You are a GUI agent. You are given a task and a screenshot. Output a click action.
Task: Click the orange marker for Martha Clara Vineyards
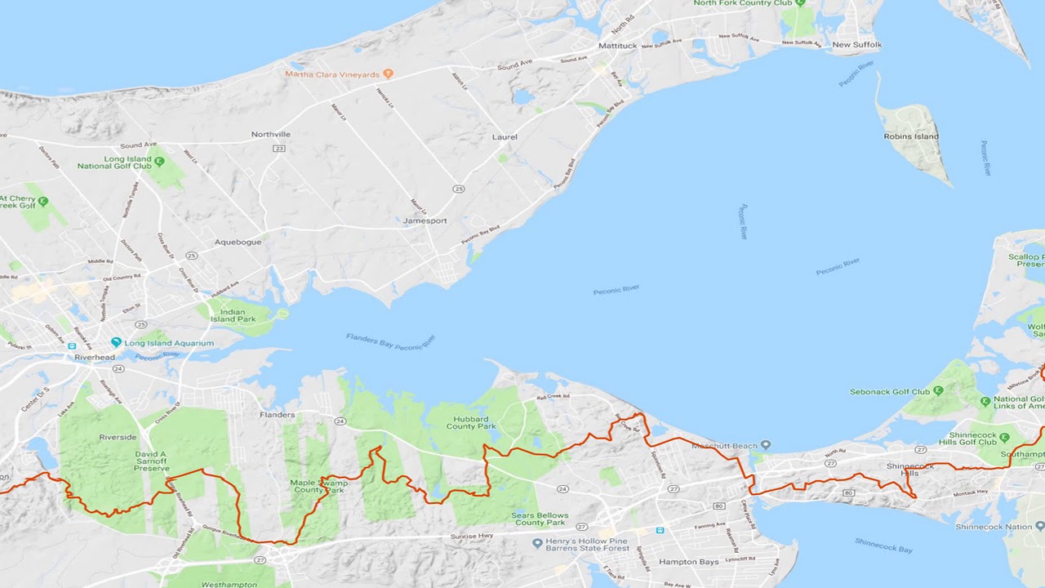click(388, 73)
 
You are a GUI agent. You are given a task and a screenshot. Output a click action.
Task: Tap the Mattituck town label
click(617, 46)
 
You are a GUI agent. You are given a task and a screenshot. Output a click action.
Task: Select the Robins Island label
click(911, 136)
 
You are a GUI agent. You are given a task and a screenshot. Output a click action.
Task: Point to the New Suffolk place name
click(856, 45)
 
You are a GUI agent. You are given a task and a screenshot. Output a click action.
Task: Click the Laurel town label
click(505, 136)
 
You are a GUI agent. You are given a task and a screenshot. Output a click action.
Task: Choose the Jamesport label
click(425, 220)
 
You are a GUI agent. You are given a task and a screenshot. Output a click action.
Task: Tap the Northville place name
click(270, 134)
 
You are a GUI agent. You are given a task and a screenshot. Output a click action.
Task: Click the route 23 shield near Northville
click(279, 149)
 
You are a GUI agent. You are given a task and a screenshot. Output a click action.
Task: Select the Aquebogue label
click(238, 243)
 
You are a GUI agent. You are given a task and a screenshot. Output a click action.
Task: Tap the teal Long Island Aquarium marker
click(117, 343)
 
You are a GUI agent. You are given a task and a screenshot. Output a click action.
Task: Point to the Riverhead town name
click(94, 357)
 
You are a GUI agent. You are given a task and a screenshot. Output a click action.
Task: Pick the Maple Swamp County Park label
click(318, 487)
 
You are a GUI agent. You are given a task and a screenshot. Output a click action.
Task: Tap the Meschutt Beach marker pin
click(765, 445)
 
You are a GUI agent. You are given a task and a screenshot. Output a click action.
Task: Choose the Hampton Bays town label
click(689, 562)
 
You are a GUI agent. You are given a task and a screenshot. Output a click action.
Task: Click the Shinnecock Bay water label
click(883, 546)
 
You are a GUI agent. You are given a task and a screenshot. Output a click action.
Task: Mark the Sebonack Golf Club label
click(890, 392)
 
